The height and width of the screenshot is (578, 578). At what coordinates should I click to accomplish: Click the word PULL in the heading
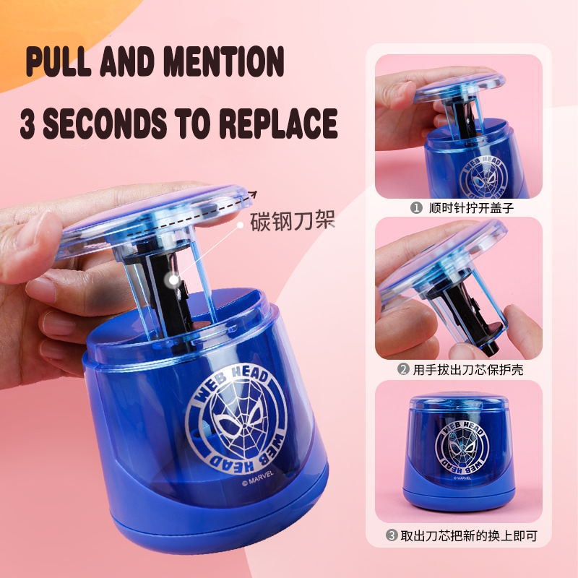tap(59, 61)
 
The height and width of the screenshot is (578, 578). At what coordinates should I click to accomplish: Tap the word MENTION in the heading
tap(224, 61)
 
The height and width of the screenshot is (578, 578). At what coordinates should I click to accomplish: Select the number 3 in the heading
tap(28, 123)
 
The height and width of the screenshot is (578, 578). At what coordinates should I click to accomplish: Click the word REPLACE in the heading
tap(279, 123)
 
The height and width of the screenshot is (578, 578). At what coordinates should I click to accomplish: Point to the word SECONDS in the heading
tap(105, 123)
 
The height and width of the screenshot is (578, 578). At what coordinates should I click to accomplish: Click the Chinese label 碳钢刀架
tap(293, 221)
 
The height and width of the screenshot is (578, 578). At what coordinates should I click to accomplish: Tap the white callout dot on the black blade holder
tap(173, 280)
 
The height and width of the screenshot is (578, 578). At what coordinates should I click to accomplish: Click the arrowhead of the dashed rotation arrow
tap(253, 194)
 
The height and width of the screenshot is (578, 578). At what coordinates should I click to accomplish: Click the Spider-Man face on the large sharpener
tap(237, 419)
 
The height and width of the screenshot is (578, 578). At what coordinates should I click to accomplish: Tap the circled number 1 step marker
tap(416, 208)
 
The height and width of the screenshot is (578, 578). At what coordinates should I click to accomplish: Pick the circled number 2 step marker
tap(403, 369)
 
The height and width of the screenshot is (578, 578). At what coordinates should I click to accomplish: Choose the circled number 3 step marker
tap(392, 535)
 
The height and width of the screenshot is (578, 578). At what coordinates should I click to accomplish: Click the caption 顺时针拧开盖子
tap(471, 208)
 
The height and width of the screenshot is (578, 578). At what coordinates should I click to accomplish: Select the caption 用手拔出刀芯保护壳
tap(467, 369)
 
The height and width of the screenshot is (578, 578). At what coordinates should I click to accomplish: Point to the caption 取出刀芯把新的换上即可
tap(469, 535)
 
